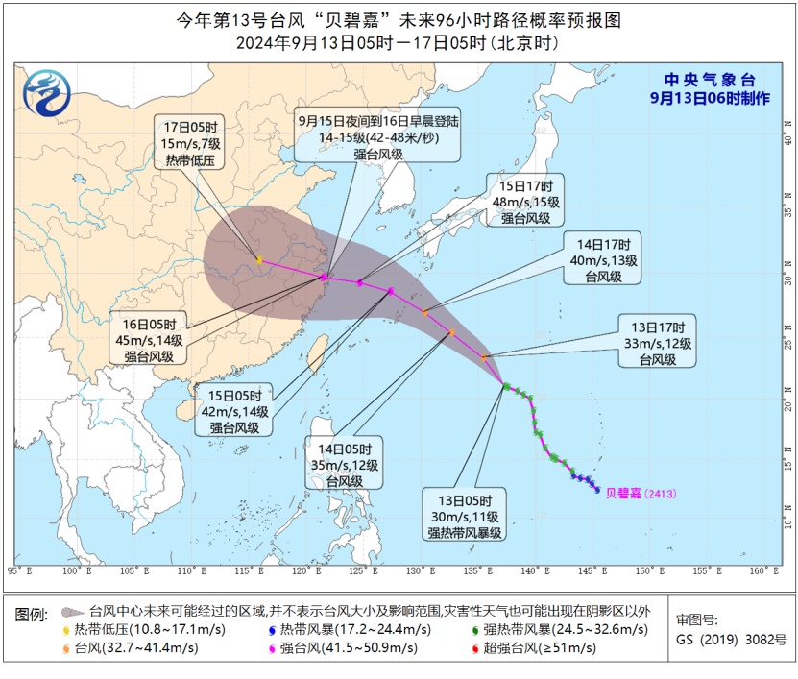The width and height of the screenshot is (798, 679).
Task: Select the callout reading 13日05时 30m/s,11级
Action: coord(467,516)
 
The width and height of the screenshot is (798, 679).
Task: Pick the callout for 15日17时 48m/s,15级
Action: coord(525,201)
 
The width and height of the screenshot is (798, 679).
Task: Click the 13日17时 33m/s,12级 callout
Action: coord(657,343)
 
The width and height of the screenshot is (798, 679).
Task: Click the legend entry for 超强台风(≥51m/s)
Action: coord(544,647)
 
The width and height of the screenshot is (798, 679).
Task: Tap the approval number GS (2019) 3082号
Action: coord(731,639)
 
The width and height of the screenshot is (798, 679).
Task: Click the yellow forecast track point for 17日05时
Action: coord(259,259)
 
